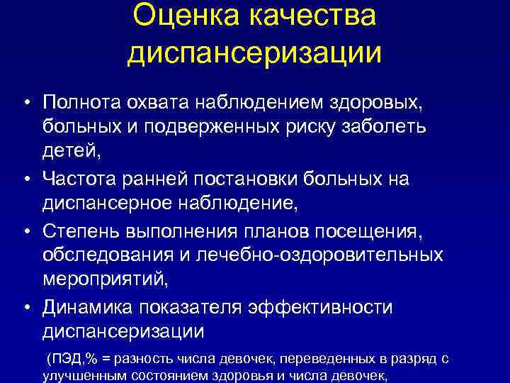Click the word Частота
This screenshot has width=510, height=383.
84,179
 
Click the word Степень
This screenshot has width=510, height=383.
83,230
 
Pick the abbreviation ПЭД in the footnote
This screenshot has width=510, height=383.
63,359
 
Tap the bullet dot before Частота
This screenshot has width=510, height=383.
26,179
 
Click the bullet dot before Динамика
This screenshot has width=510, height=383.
26,306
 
